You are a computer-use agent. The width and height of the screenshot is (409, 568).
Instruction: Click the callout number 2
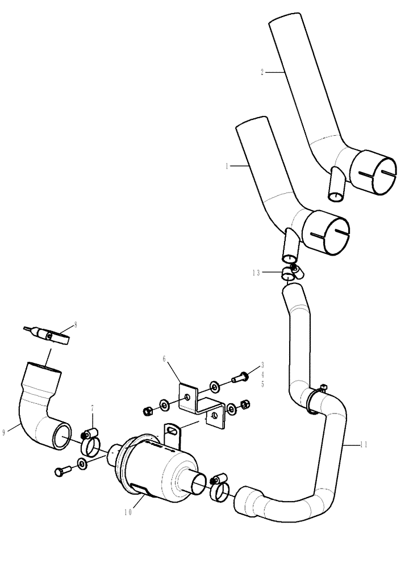262,72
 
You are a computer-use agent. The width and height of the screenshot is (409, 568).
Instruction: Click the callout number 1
227,166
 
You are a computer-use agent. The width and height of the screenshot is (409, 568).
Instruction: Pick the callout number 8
76,325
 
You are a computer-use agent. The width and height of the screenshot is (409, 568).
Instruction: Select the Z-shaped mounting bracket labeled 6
199,403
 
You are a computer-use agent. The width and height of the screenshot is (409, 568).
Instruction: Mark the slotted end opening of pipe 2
373,170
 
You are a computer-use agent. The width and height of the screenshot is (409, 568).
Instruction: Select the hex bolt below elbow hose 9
63,471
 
